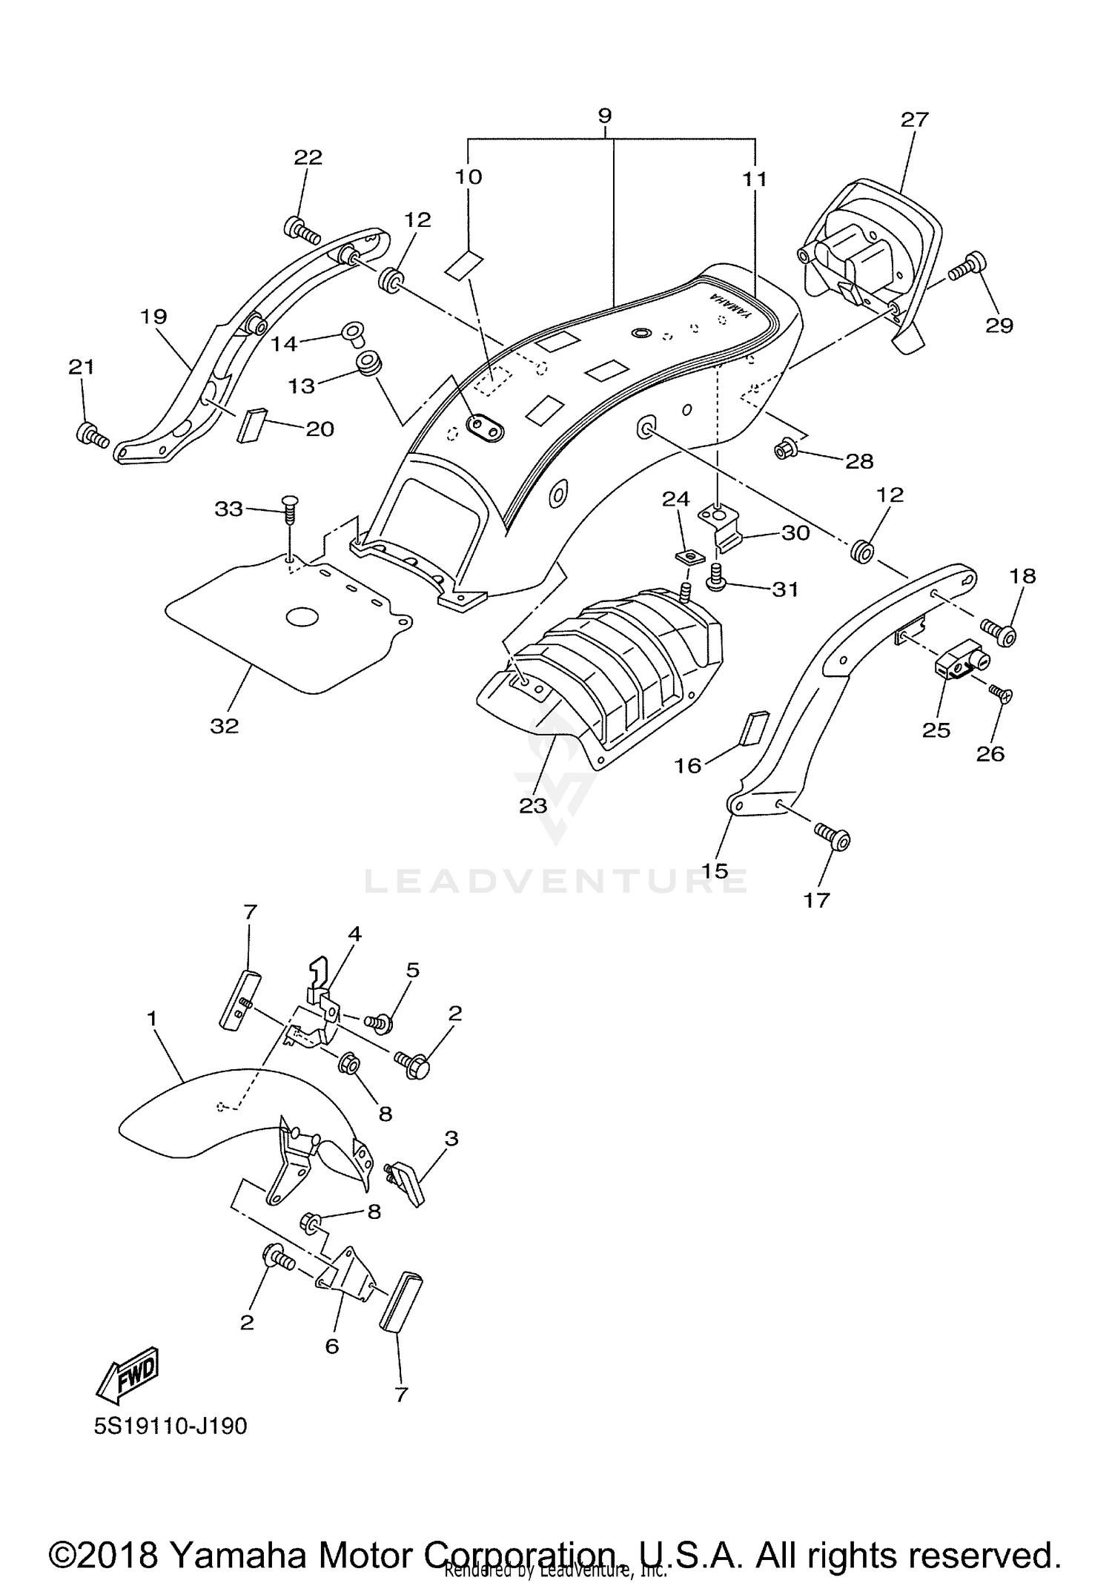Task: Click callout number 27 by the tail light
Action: click(914, 119)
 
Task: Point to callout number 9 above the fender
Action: click(605, 116)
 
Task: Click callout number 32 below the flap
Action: click(224, 726)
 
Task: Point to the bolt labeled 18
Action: click(998, 632)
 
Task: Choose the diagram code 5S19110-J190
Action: click(171, 1426)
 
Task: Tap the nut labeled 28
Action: click(782, 449)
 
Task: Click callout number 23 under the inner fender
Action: click(532, 805)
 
